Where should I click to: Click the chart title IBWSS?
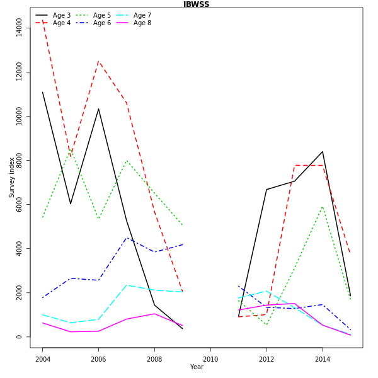[x=196, y=4]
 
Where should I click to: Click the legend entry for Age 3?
[x=62, y=15]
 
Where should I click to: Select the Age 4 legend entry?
[x=62, y=23]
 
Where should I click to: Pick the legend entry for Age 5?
[x=102, y=15]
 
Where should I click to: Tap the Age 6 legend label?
[x=102, y=23]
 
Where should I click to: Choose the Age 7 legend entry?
[x=142, y=15]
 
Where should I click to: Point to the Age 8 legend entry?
[x=142, y=23]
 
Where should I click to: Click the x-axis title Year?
[x=197, y=367]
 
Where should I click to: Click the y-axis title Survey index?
[x=12, y=178]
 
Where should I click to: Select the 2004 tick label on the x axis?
[x=43, y=360]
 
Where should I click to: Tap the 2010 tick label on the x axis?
[x=210, y=360]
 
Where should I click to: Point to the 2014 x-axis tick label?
[x=323, y=360]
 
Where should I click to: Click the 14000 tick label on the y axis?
[x=19, y=27]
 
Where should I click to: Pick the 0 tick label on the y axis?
[x=19, y=337]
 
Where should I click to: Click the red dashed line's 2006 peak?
[x=98, y=61]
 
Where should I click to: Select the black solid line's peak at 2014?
[x=323, y=151]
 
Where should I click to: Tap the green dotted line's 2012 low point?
[x=266, y=325]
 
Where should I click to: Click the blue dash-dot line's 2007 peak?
[x=127, y=238]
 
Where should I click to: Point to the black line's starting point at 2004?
[x=43, y=92]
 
